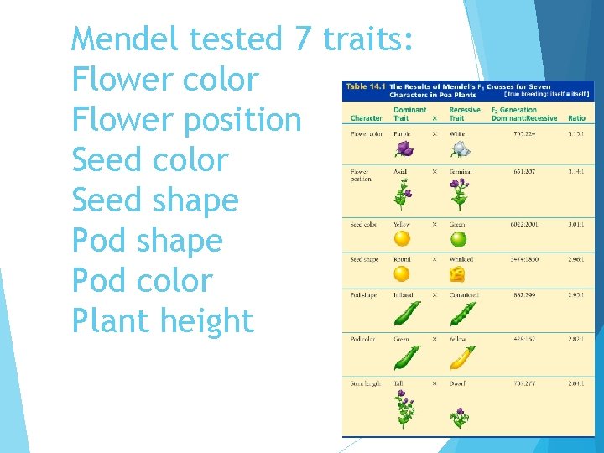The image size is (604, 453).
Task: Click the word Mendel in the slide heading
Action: tap(127, 39)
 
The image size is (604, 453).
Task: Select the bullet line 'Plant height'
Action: tap(162, 320)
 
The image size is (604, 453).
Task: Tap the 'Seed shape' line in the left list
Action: tap(155, 200)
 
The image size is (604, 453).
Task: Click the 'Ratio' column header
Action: tap(576, 118)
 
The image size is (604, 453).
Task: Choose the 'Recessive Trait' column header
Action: tap(465, 114)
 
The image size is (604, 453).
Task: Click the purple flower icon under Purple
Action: tap(404, 148)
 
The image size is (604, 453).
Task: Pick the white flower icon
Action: tap(460, 148)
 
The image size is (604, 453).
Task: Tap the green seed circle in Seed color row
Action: tap(458, 238)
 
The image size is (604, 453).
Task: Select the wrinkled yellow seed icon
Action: tap(457, 273)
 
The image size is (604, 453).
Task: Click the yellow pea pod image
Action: tap(461, 358)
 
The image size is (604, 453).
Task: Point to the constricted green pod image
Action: tap(461, 314)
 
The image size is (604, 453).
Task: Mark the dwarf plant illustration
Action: tap(459, 416)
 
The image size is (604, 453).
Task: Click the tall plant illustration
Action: tap(404, 409)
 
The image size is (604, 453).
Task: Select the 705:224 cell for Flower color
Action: tap(526, 133)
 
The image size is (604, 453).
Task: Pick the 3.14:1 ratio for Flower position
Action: tap(576, 172)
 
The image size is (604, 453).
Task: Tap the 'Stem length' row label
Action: tap(365, 383)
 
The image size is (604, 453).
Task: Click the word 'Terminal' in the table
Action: tap(461, 172)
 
